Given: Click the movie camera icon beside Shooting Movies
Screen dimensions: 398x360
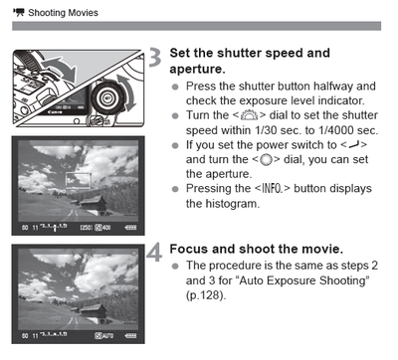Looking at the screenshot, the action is click(19, 13).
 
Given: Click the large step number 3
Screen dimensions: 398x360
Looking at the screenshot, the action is click(154, 58).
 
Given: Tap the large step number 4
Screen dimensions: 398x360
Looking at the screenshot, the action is click(154, 253).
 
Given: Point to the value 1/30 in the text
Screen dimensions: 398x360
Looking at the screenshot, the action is click(266, 130).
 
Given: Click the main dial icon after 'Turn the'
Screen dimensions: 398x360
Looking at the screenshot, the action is click(249, 115).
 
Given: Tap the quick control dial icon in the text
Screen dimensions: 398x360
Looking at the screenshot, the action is click(266, 160).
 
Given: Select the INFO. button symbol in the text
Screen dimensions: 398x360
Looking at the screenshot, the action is click(272, 189).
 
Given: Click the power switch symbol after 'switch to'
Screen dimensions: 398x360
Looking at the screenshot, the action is click(353, 145).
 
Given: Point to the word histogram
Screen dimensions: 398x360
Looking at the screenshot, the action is click(231, 203).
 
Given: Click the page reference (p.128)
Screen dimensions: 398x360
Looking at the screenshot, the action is click(206, 294).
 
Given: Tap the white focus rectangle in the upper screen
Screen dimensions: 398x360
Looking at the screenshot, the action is click(79, 181).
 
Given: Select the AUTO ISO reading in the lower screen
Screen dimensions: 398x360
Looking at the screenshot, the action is click(104, 336).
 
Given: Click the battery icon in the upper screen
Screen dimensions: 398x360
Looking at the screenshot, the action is click(130, 228).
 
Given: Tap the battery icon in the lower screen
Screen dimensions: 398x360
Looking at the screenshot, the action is click(130, 336).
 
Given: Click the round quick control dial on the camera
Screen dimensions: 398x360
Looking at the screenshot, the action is click(107, 97).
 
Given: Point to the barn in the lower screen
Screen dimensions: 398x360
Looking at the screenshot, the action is click(94, 311).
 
